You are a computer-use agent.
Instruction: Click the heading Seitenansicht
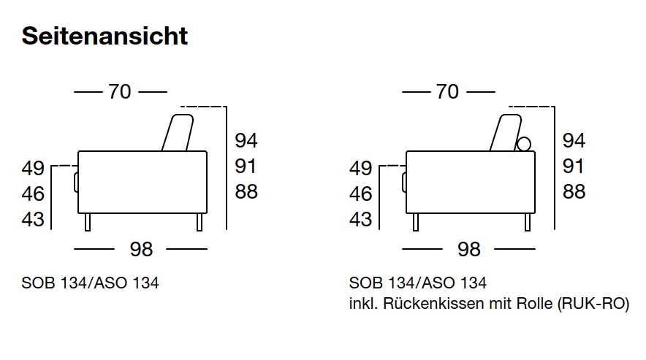[x=105, y=36]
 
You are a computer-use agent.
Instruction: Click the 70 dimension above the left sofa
[x=120, y=92]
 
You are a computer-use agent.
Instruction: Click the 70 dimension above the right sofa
[x=447, y=92]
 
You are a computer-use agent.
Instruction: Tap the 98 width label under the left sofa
[x=141, y=250]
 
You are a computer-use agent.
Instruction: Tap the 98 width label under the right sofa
[x=468, y=250]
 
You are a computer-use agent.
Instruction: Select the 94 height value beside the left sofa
[x=246, y=141]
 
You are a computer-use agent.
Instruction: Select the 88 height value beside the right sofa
[x=574, y=192]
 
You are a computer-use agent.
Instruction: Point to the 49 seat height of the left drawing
[x=33, y=169]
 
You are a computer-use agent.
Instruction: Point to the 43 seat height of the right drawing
[x=360, y=219]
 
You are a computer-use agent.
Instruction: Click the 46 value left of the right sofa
[x=360, y=194]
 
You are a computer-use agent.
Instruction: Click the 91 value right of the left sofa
[x=246, y=166]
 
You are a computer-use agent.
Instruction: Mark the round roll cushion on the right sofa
[x=523, y=144]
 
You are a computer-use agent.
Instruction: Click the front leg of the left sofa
[x=88, y=222]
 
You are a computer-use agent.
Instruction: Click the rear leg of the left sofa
[x=199, y=222]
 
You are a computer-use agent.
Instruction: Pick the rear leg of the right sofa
[x=527, y=222]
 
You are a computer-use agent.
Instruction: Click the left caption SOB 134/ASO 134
[x=91, y=283]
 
